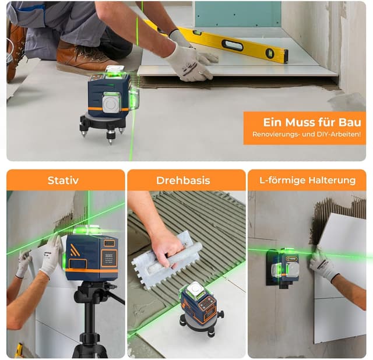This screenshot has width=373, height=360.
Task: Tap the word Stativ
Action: pos(63,181)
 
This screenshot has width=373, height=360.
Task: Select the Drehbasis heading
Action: pos(183,181)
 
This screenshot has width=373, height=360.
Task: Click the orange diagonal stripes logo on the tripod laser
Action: pos(75,250)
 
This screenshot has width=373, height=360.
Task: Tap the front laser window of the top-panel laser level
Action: pos(111,103)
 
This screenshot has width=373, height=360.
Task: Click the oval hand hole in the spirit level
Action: pos(233,45)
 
